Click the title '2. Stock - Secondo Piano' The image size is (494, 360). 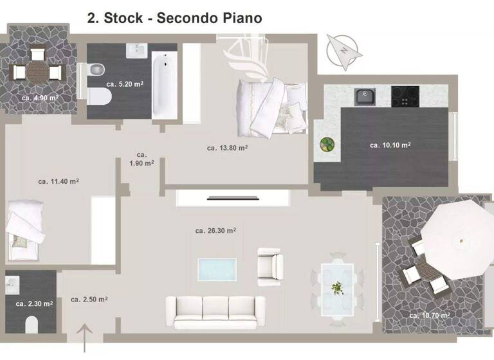[174, 17]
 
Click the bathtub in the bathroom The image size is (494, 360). [165, 86]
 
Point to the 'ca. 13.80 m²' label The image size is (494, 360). [227, 148]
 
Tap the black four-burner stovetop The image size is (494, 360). [405, 96]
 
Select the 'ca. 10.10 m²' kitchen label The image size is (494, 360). [390, 145]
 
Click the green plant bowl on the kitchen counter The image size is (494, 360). [327, 145]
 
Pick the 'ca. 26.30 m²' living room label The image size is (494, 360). [215, 230]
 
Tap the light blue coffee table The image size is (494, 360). [217, 270]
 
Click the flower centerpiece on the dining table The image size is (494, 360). [336, 287]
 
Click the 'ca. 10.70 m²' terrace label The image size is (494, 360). [429, 316]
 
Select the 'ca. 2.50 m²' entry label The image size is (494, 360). [89, 300]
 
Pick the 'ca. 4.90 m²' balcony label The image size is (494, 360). [40, 98]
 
